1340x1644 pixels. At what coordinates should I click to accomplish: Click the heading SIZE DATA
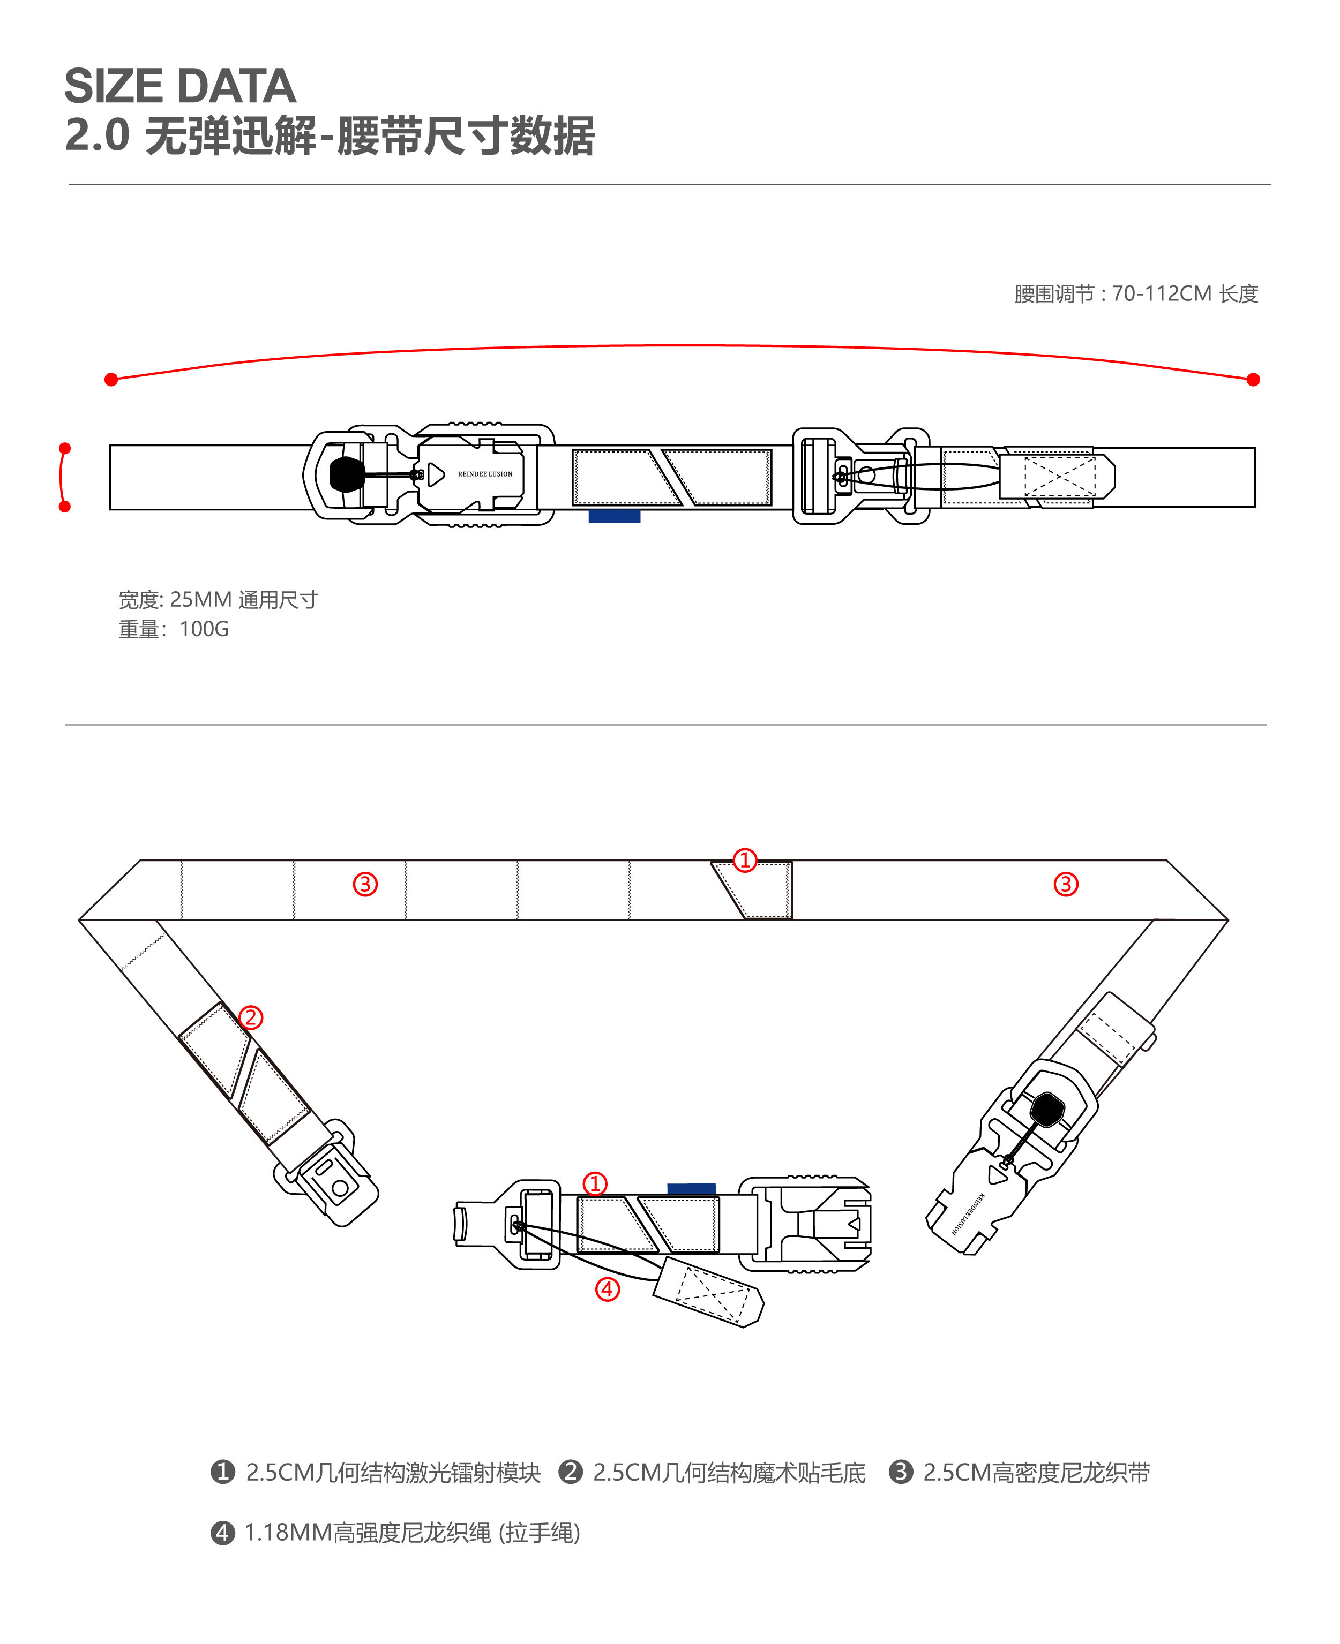[180, 86]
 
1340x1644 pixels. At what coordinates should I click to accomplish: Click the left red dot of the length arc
[111, 380]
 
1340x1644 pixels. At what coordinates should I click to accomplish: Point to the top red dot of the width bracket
[65, 448]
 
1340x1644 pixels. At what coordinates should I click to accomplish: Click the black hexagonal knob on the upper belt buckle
[347, 474]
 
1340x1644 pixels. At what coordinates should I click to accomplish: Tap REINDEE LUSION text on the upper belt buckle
[485, 474]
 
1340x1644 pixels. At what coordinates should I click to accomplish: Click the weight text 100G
[204, 629]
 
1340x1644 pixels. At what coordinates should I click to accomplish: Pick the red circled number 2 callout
[250, 1017]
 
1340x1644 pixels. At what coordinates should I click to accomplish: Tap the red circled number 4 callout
[608, 1288]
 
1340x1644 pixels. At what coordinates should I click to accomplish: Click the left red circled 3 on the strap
[365, 884]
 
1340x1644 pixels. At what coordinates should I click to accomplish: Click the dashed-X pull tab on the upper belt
[1059, 476]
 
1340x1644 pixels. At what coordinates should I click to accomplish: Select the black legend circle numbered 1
[222, 1472]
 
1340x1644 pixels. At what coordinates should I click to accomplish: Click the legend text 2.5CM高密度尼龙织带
[1036, 1473]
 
